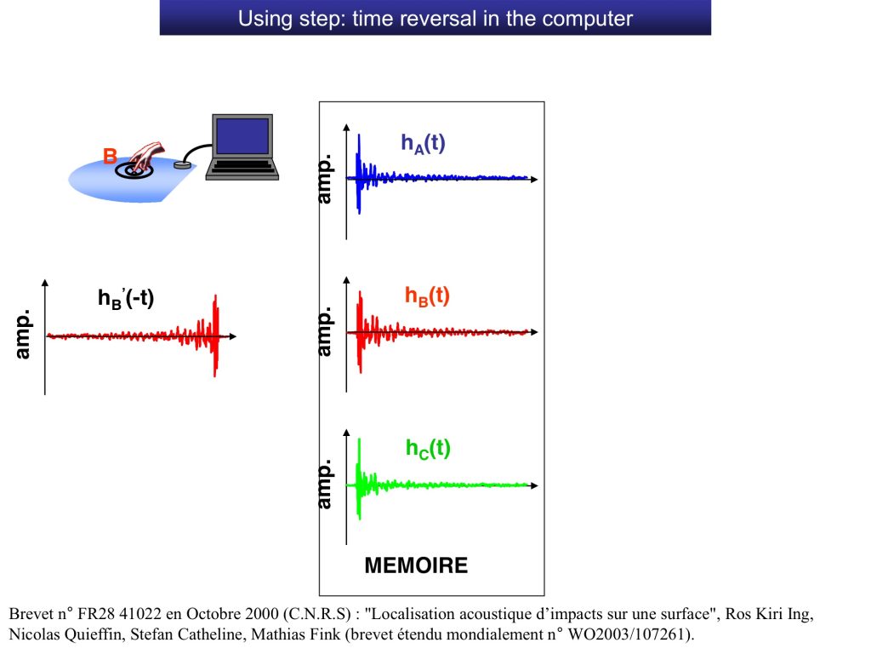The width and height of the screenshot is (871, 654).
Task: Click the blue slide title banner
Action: (x=435, y=17)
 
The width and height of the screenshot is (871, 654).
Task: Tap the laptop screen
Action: (x=242, y=136)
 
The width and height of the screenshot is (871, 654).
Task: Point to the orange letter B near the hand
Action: (x=110, y=157)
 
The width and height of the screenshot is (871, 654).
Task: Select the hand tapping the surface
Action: (x=146, y=157)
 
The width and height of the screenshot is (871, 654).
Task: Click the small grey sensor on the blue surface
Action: (x=182, y=164)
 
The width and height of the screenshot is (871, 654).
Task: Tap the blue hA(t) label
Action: (x=424, y=143)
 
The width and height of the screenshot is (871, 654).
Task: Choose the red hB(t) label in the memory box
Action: (x=427, y=295)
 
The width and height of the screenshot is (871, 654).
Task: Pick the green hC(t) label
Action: (x=428, y=448)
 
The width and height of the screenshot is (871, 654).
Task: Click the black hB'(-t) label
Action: (x=126, y=299)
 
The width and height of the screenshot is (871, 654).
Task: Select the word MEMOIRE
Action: (x=416, y=565)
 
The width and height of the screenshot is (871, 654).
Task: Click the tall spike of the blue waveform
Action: (x=359, y=174)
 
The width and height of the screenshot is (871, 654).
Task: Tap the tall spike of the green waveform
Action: (x=360, y=479)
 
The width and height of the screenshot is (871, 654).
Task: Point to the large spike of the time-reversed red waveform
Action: (x=215, y=336)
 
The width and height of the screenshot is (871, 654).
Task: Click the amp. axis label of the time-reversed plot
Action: (x=22, y=334)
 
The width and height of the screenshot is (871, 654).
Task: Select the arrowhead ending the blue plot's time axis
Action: (x=534, y=179)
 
